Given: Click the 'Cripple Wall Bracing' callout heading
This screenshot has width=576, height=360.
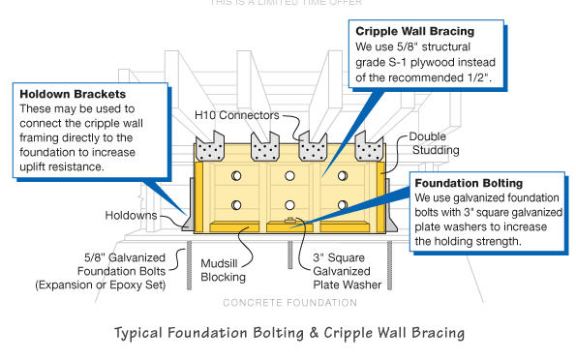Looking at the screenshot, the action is coord(414,31).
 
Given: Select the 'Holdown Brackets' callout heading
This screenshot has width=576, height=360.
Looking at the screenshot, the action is coord(73,94).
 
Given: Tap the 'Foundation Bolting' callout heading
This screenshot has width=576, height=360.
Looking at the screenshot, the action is coord(469,183).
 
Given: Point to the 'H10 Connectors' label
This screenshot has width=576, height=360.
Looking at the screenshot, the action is coord(237,115).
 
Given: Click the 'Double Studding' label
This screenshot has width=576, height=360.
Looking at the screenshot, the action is coord(434,143).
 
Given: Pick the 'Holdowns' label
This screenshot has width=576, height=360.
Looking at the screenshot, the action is coord(131,215).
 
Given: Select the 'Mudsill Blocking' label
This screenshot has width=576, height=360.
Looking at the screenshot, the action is coord(223,270).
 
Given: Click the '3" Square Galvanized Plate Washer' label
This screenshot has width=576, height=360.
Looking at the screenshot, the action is coord(348,271).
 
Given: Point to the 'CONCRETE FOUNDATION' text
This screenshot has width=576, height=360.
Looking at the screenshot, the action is coord(289,303).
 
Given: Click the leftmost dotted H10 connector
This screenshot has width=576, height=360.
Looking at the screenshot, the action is coord(210,146).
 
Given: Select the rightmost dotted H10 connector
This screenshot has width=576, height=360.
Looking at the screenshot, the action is coord(369,146).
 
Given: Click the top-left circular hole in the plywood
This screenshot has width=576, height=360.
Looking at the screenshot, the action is coord(236,176).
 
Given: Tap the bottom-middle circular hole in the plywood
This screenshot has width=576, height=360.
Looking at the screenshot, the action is coord(289,205).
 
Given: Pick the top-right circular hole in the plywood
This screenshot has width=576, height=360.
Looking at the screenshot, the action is coord(343,176).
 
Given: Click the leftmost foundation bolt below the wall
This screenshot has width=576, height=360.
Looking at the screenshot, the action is coord(189,265).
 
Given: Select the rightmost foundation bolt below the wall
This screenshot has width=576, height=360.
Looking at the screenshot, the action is coord(390,265).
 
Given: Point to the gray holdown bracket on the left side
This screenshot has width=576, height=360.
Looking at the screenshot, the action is coord(189,206).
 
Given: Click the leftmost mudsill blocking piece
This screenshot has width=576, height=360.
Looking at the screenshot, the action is coord(234,226).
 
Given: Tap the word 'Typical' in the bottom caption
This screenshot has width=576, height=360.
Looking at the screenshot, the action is coord(138,333).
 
